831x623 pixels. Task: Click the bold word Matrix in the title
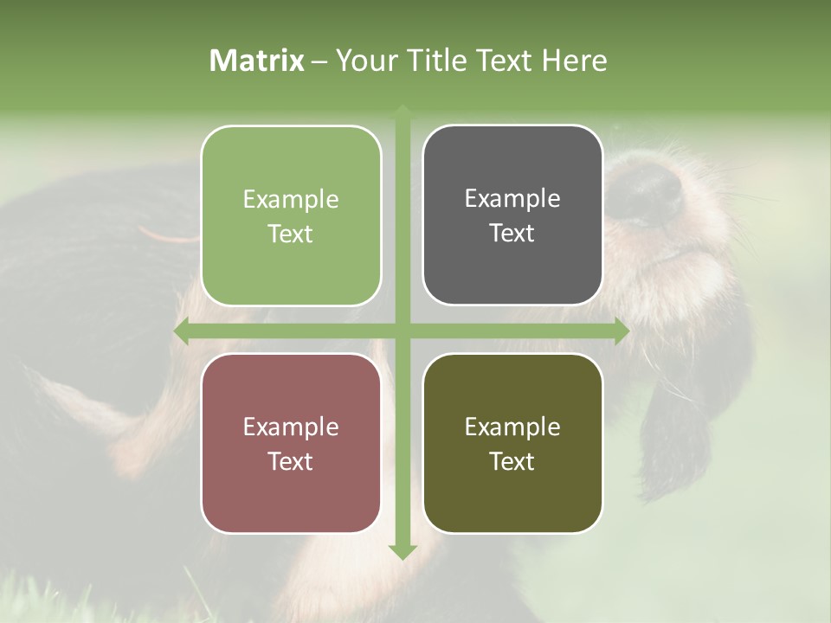[x=257, y=61]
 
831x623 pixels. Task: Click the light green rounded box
[x=291, y=215]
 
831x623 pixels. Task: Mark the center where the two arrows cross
[x=402, y=331]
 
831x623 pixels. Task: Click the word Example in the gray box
[x=512, y=198]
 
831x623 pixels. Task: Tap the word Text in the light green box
[x=291, y=234]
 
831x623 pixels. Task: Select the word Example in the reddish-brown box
[x=291, y=427]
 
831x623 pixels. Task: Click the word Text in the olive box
[x=512, y=461]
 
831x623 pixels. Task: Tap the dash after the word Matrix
[x=319, y=61]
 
